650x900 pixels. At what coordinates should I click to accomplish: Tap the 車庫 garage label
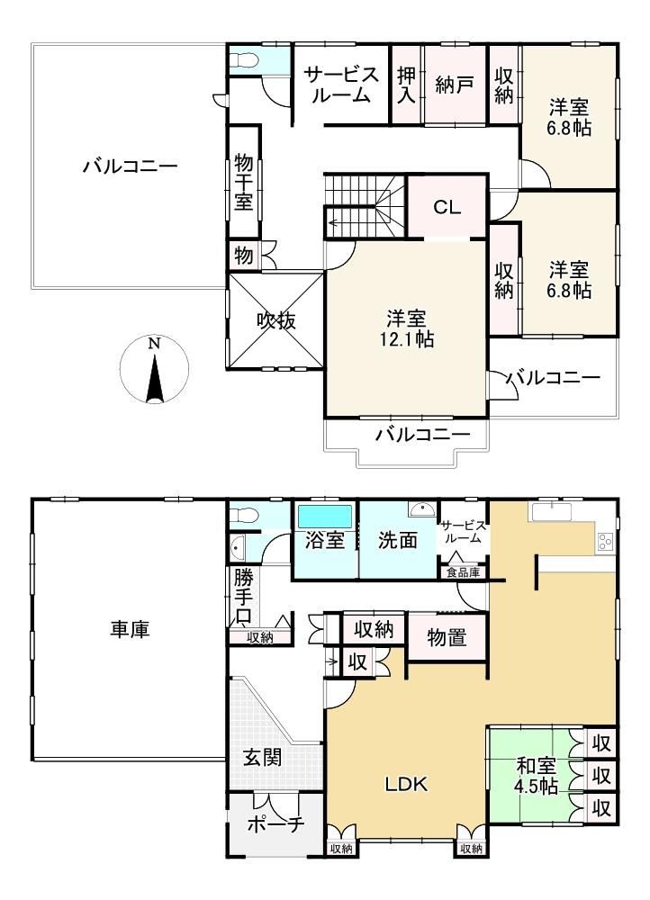point(130,629)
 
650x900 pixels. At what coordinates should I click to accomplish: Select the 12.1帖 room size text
point(406,338)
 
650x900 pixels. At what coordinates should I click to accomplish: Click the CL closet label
point(447,207)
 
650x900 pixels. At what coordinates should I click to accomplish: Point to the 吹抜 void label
point(276,320)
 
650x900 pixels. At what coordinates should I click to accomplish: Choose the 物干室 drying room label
point(243,183)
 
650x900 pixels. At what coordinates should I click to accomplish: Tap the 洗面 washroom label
point(397,540)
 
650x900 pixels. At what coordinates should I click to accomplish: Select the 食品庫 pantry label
point(463,572)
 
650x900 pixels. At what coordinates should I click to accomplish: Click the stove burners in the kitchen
point(605,541)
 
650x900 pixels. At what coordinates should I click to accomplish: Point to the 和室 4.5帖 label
point(537,776)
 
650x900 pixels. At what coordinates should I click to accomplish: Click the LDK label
point(406,784)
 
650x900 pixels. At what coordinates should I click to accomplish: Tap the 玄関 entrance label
point(262,758)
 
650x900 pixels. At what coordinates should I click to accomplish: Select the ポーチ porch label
point(275,824)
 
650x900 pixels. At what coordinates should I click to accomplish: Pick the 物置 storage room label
point(447,637)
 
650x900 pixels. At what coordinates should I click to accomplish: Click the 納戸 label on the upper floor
point(455,85)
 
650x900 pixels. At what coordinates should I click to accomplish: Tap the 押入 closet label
point(407,85)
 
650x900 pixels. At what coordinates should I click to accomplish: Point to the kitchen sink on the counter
point(549,512)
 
